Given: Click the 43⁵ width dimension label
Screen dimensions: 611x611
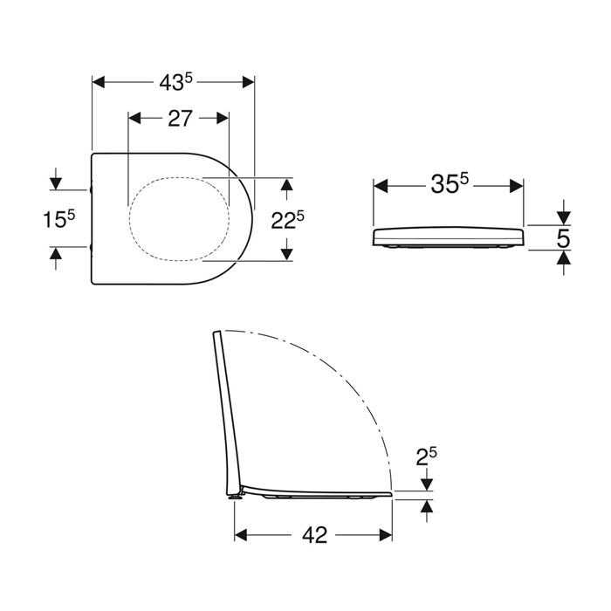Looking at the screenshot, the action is click(175, 83).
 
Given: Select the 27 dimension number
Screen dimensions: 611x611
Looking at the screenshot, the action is click(180, 118).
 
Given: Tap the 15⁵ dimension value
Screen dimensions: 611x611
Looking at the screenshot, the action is click(58, 218).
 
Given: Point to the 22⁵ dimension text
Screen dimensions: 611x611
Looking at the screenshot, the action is click(287, 220).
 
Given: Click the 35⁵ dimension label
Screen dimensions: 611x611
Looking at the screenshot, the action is click(450, 183).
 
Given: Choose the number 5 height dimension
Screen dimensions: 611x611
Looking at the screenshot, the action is click(563, 238).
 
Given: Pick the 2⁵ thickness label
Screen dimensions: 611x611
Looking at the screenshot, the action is click(426, 457).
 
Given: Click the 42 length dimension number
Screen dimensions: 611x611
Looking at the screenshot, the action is click(314, 535).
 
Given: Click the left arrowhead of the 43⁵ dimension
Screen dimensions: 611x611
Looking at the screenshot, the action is click(98, 83).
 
